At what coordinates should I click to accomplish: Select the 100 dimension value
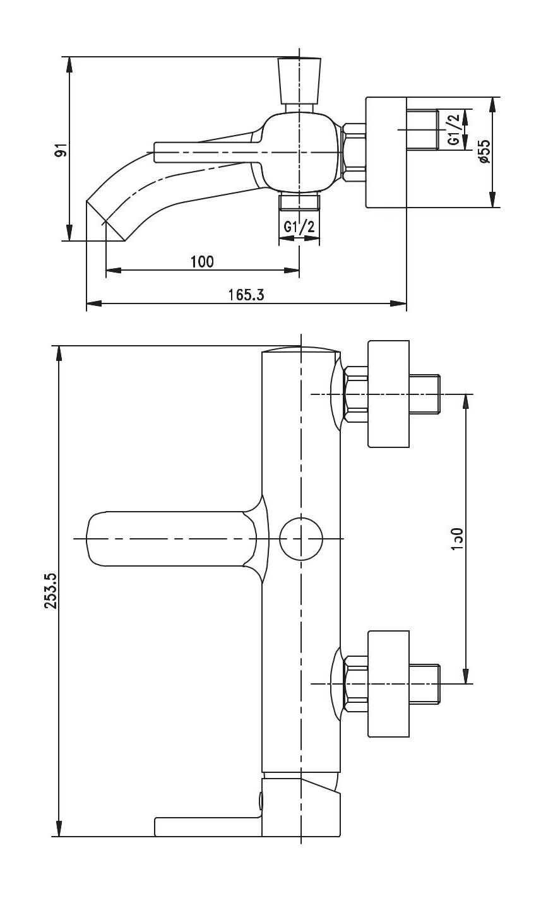pyautogui.click(x=202, y=261)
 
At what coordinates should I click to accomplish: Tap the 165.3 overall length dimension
pyautogui.click(x=247, y=295)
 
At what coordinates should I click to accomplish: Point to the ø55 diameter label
pyautogui.click(x=484, y=152)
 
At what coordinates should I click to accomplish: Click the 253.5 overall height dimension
pyautogui.click(x=51, y=591)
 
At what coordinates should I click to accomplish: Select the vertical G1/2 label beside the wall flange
pyautogui.click(x=454, y=130)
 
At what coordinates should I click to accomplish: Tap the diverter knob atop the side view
pyautogui.click(x=299, y=80)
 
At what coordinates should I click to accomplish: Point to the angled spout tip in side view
pyautogui.click(x=105, y=221)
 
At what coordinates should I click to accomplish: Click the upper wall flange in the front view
pyautogui.click(x=388, y=394)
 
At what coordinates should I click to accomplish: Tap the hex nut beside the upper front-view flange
pyautogui.click(x=355, y=394)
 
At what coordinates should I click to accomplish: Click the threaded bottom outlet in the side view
pyautogui.click(x=299, y=201)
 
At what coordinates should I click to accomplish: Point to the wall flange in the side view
pyautogui.click(x=386, y=152)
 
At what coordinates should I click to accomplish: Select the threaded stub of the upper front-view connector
pyautogui.click(x=425, y=394)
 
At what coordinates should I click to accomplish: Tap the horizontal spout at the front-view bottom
pyautogui.click(x=208, y=827)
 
